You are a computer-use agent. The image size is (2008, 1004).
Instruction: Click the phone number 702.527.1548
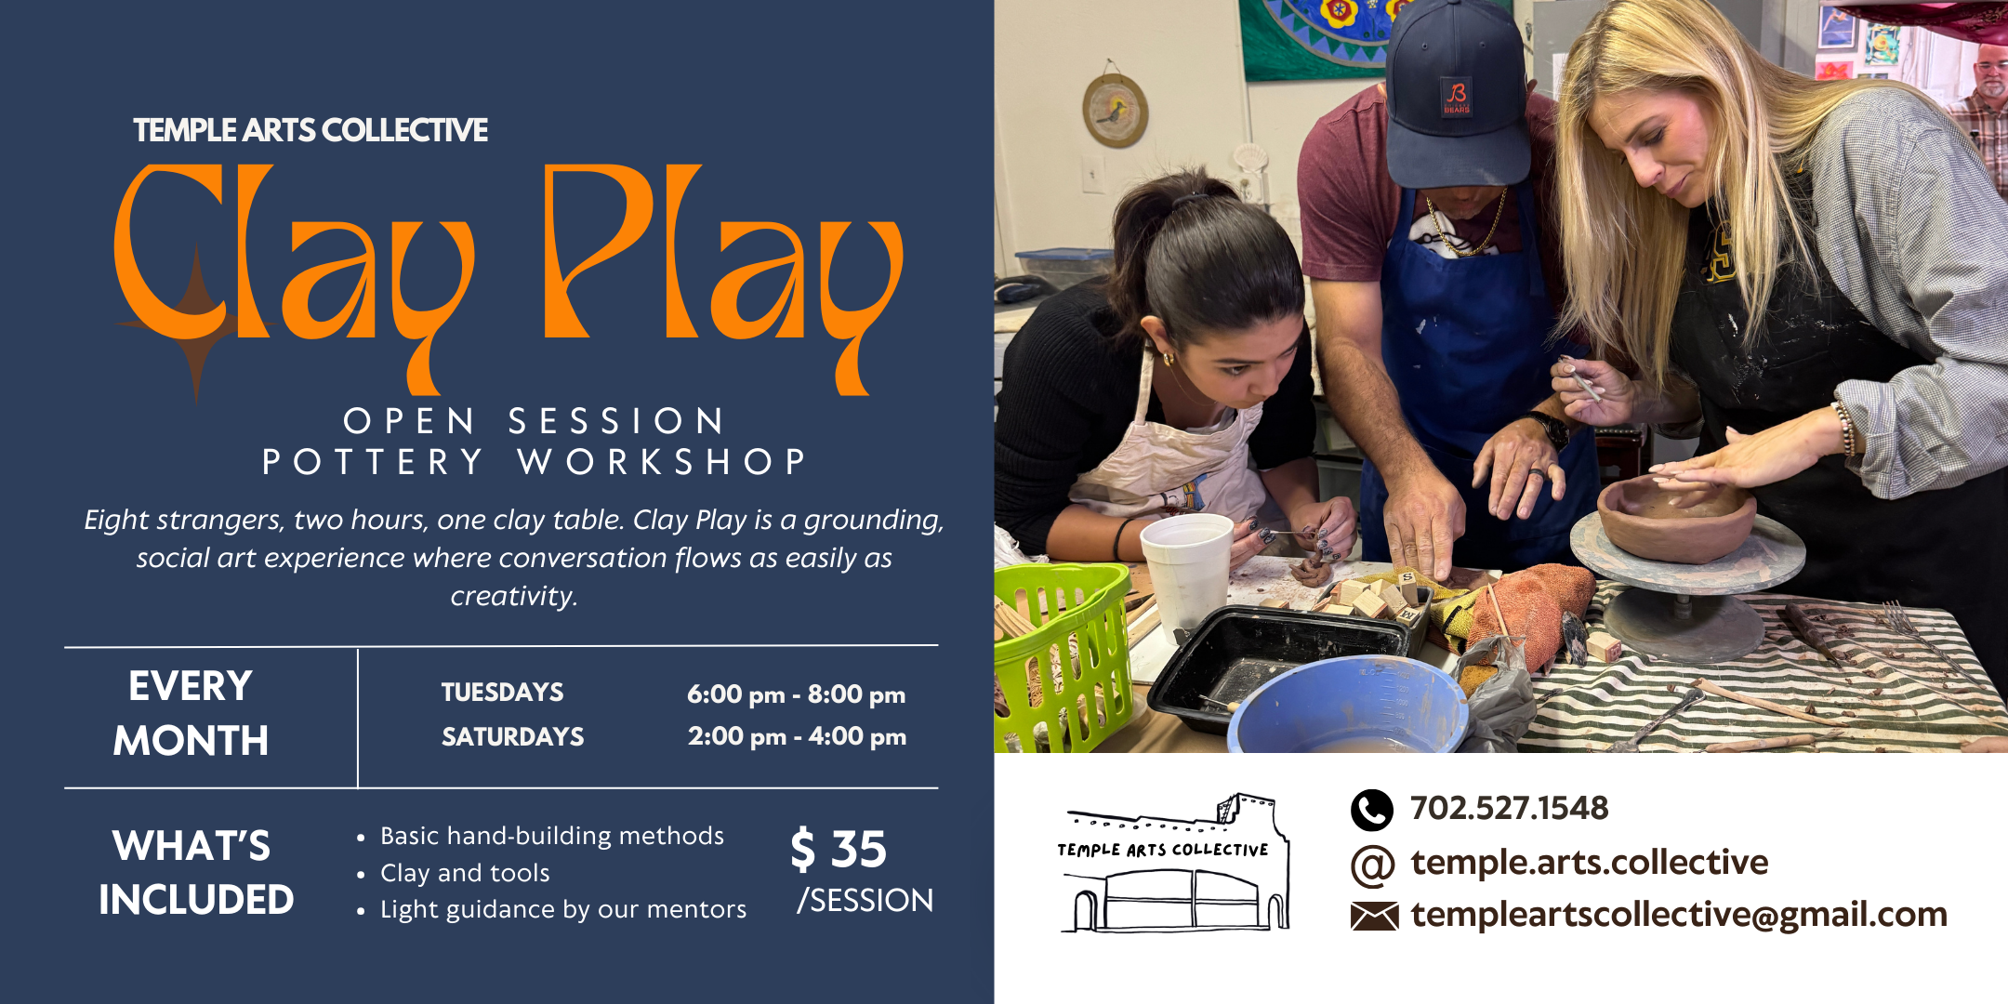1509,808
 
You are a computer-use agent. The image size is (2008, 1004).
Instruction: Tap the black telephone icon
1371,810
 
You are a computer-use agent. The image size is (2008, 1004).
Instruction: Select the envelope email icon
1374,917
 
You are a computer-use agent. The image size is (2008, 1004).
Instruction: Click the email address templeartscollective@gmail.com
1679,915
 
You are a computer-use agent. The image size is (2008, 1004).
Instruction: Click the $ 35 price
839,850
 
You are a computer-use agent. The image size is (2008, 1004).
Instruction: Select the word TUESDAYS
502,693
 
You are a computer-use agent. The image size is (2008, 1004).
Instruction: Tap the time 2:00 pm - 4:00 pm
797,736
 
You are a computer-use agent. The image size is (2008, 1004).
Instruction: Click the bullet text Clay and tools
465,873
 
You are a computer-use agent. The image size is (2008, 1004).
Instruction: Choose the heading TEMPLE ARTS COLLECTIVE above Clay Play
310,130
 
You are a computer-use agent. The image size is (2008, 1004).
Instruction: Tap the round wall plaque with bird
1115,111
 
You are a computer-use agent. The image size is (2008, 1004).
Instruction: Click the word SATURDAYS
512,737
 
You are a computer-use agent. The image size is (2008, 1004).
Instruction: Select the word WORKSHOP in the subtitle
661,462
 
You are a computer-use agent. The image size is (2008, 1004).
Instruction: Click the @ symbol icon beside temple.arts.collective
1372,865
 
